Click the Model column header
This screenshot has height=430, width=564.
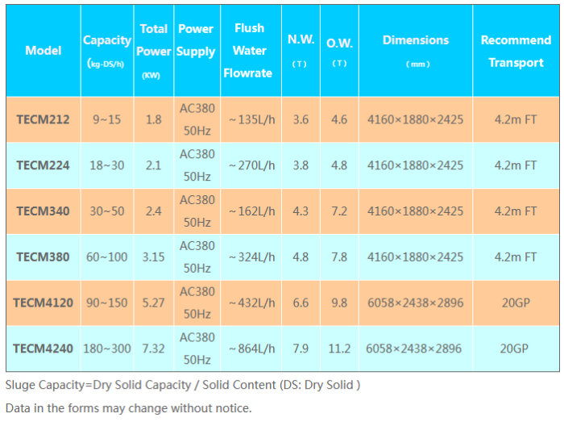point(44,50)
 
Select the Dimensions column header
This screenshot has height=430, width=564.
point(415,40)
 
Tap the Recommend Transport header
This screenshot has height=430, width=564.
point(516,51)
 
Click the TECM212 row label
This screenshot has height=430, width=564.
point(43,119)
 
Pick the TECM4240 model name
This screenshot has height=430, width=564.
point(43,349)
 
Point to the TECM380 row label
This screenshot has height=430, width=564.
point(43,257)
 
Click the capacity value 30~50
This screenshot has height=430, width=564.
point(107,211)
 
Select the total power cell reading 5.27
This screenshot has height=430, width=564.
point(153,303)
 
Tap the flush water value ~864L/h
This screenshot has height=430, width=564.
point(251,349)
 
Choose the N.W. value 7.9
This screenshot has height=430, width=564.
point(301,349)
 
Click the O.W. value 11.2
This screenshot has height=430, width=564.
point(339,349)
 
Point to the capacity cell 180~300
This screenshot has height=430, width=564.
point(107,349)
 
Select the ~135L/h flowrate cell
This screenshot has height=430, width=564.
point(251,119)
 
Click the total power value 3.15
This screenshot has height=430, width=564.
point(153,257)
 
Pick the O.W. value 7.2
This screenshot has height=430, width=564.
point(339,211)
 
